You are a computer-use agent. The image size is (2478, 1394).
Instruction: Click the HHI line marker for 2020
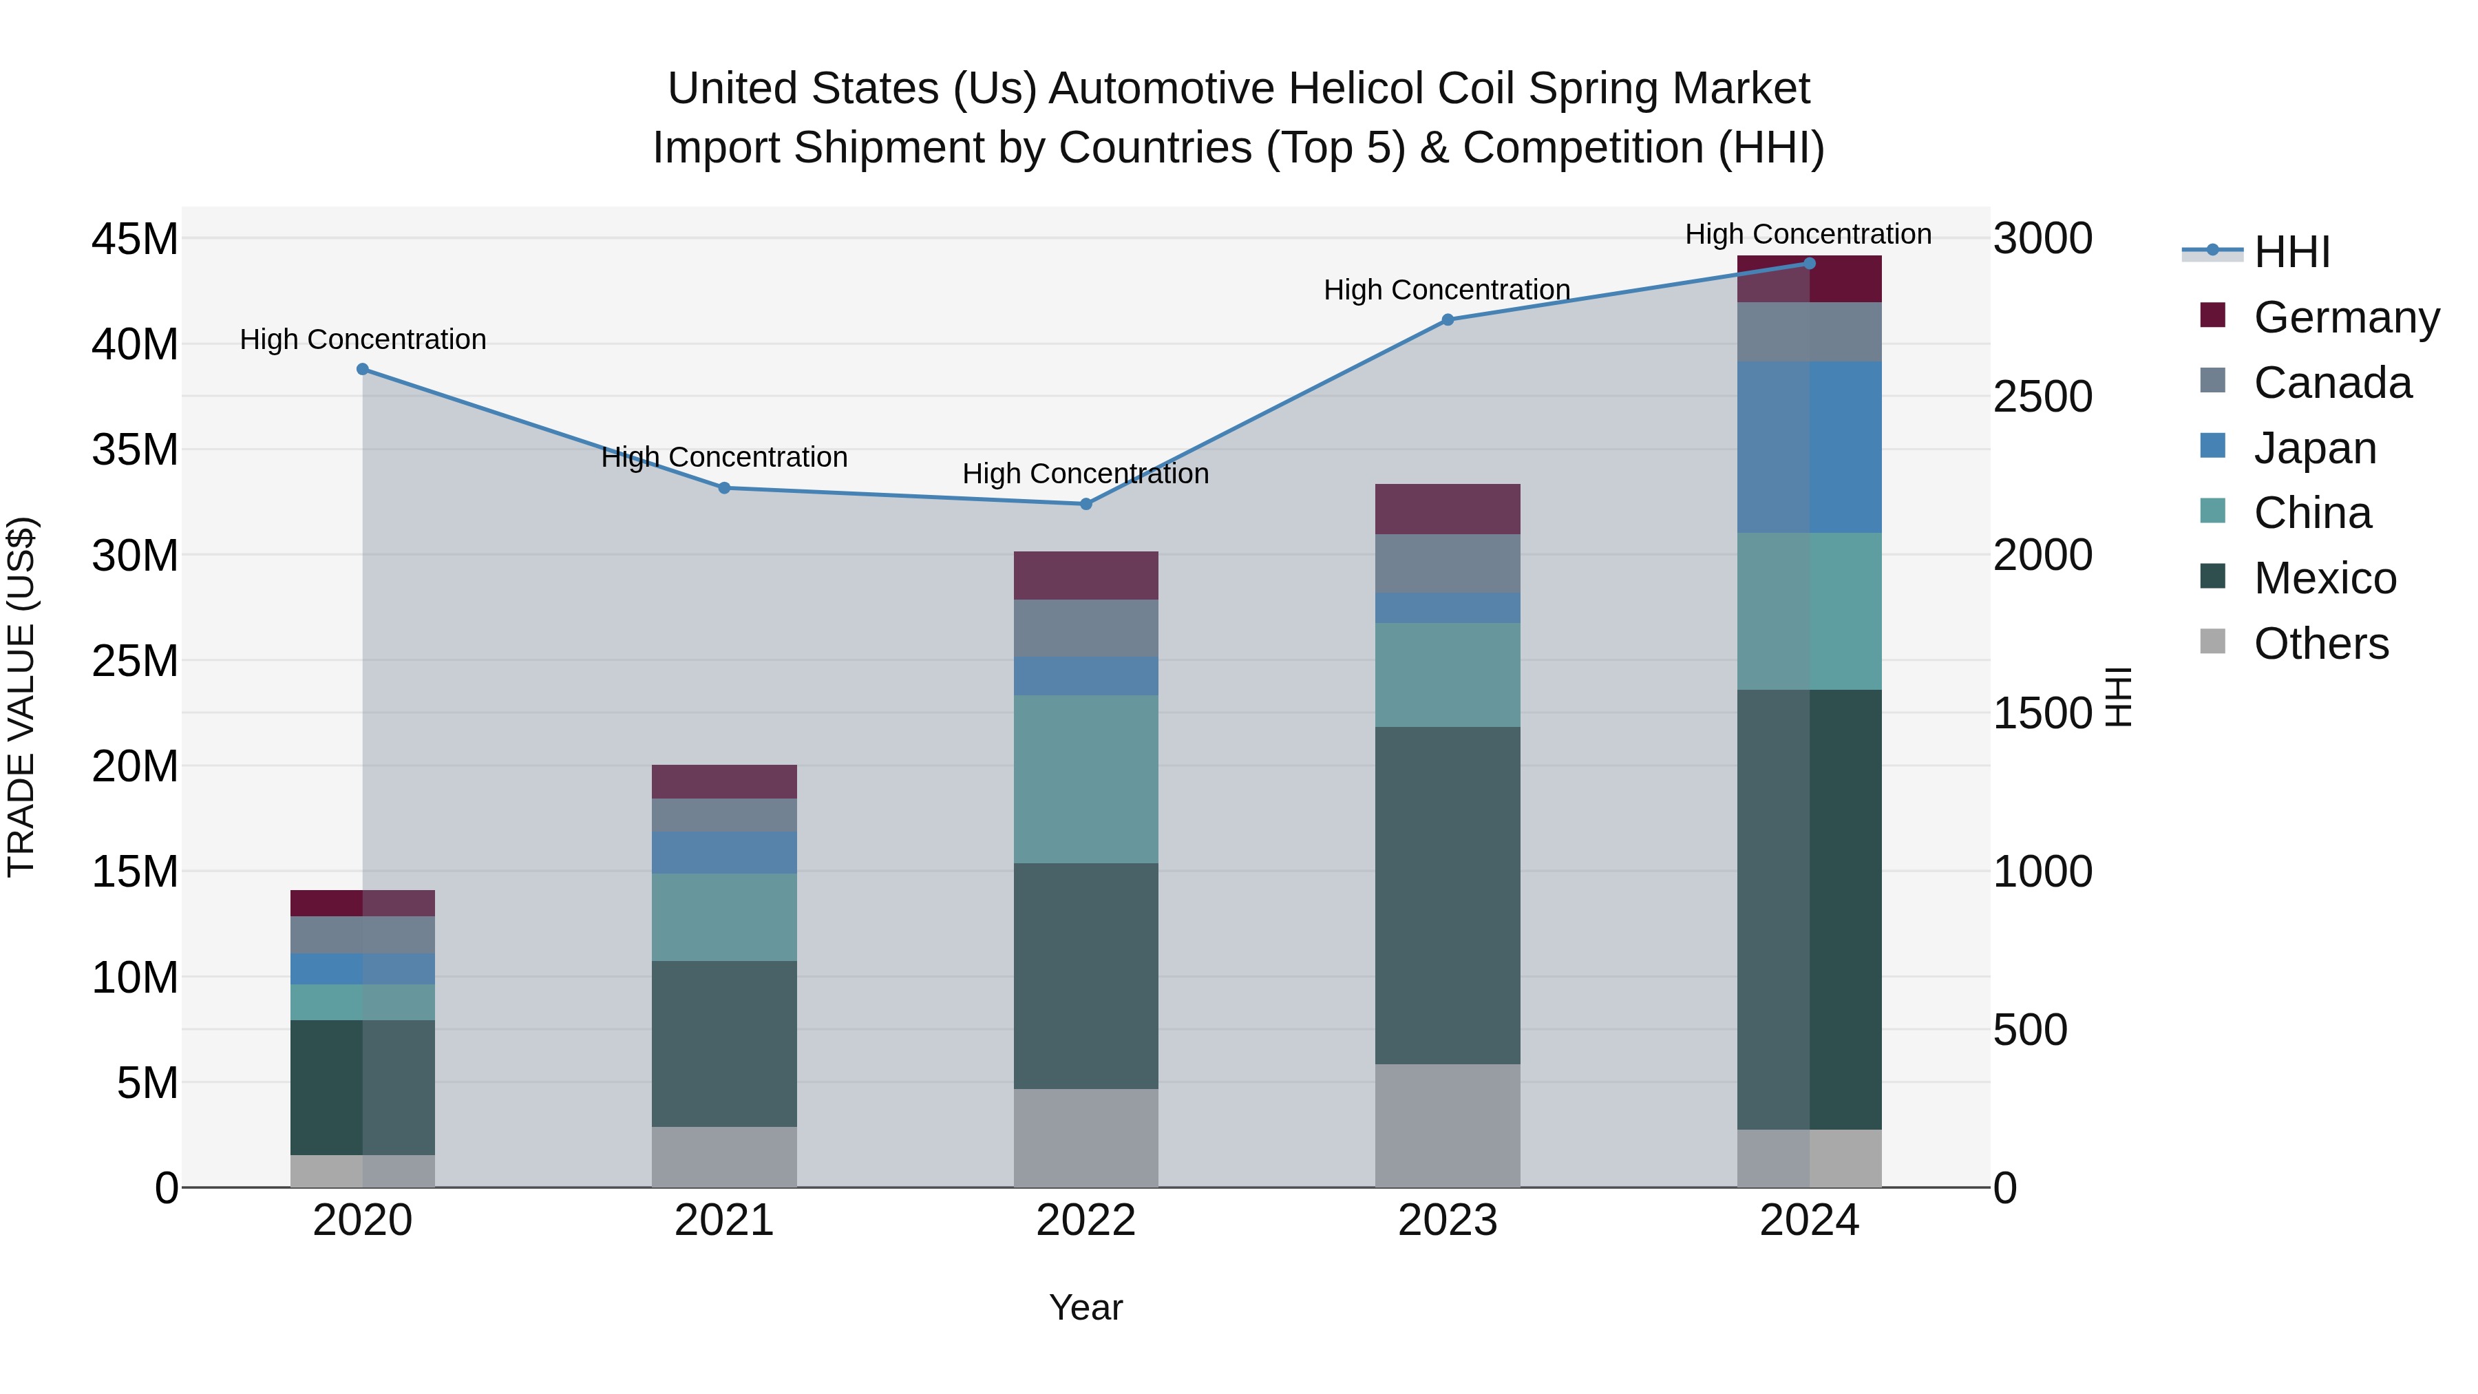click(x=363, y=370)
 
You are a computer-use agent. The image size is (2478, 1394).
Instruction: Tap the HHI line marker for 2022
click(x=1086, y=504)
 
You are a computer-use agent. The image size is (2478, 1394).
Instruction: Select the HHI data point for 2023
click(x=1448, y=320)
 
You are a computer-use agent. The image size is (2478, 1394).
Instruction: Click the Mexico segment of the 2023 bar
click(x=1448, y=895)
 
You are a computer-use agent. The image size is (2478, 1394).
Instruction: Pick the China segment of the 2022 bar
click(x=1086, y=779)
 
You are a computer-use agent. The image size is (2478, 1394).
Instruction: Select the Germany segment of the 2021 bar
click(x=724, y=781)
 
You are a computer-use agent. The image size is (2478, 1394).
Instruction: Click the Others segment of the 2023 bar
click(x=1448, y=1126)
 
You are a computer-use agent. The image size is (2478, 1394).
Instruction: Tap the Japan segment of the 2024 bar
click(x=1810, y=447)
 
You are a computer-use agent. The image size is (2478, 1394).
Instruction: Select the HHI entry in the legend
click(x=2291, y=252)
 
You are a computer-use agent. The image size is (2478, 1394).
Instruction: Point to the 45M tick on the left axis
click(x=135, y=239)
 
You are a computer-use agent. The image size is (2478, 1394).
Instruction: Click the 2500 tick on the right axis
click(x=2042, y=397)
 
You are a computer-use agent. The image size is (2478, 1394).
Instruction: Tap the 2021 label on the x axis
click(x=724, y=1221)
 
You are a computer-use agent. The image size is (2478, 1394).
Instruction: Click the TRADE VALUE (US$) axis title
click(x=21, y=697)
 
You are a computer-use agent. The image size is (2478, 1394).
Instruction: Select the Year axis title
click(x=1086, y=1307)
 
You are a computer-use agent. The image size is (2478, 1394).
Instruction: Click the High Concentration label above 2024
click(x=1808, y=234)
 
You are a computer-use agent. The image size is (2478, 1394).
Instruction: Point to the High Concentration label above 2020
click(x=363, y=339)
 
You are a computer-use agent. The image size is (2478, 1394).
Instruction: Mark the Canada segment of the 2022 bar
click(x=1086, y=629)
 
